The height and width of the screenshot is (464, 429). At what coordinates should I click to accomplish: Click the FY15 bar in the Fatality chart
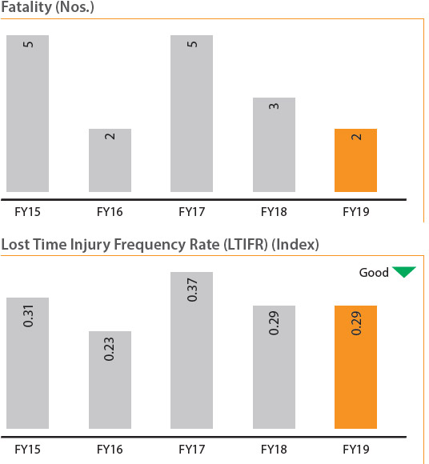[27, 114]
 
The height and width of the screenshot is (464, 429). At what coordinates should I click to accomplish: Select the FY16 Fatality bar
[110, 160]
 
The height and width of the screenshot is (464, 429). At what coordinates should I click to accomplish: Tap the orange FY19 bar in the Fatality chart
[355, 160]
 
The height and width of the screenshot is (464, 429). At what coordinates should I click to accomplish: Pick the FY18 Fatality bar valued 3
[274, 145]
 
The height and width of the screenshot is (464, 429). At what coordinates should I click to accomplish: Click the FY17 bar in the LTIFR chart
[191, 350]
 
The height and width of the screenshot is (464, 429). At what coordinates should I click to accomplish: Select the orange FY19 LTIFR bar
[355, 367]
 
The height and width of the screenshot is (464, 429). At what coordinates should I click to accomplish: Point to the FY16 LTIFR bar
[110, 380]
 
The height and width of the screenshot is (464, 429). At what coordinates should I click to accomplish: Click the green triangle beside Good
[404, 271]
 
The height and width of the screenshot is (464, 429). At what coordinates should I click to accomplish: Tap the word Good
[374, 273]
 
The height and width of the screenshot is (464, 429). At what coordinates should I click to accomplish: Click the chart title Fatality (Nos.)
[48, 7]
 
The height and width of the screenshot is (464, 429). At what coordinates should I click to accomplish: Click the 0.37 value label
[192, 290]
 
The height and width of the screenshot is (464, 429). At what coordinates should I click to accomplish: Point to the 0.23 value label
[109, 349]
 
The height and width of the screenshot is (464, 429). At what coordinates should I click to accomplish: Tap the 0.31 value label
[28, 316]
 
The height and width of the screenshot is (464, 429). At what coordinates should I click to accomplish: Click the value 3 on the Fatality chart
[274, 106]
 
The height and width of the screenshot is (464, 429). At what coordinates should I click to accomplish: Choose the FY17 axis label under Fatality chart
[191, 212]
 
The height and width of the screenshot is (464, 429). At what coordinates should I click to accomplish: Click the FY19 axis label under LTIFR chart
[356, 450]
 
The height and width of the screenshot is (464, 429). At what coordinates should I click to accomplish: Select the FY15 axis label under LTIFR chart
[27, 450]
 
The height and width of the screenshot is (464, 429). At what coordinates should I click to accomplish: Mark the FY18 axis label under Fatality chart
[274, 212]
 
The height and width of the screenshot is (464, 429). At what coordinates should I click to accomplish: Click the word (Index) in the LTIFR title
[295, 245]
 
